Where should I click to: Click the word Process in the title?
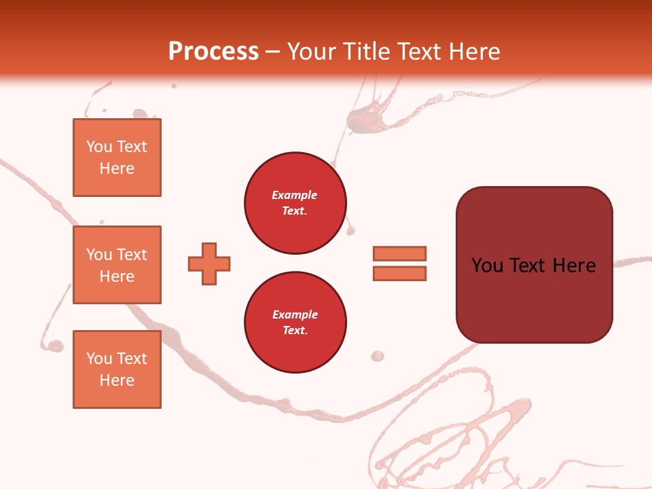tap(213, 52)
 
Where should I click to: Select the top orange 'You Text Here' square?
tap(117, 158)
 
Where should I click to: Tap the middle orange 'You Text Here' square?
tap(117, 265)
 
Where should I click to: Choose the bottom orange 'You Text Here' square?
tap(117, 369)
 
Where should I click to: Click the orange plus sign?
tap(209, 264)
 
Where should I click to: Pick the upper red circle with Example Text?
tap(295, 203)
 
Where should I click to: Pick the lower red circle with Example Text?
tap(295, 323)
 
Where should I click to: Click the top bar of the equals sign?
tap(400, 254)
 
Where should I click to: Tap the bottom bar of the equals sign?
tap(400, 274)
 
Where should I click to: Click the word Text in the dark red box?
tap(530, 266)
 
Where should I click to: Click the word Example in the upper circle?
tap(295, 195)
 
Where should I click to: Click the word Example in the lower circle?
tap(295, 314)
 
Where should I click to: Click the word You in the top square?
tap(99, 147)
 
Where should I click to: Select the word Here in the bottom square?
tap(117, 380)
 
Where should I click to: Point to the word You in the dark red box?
tap(487, 266)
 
